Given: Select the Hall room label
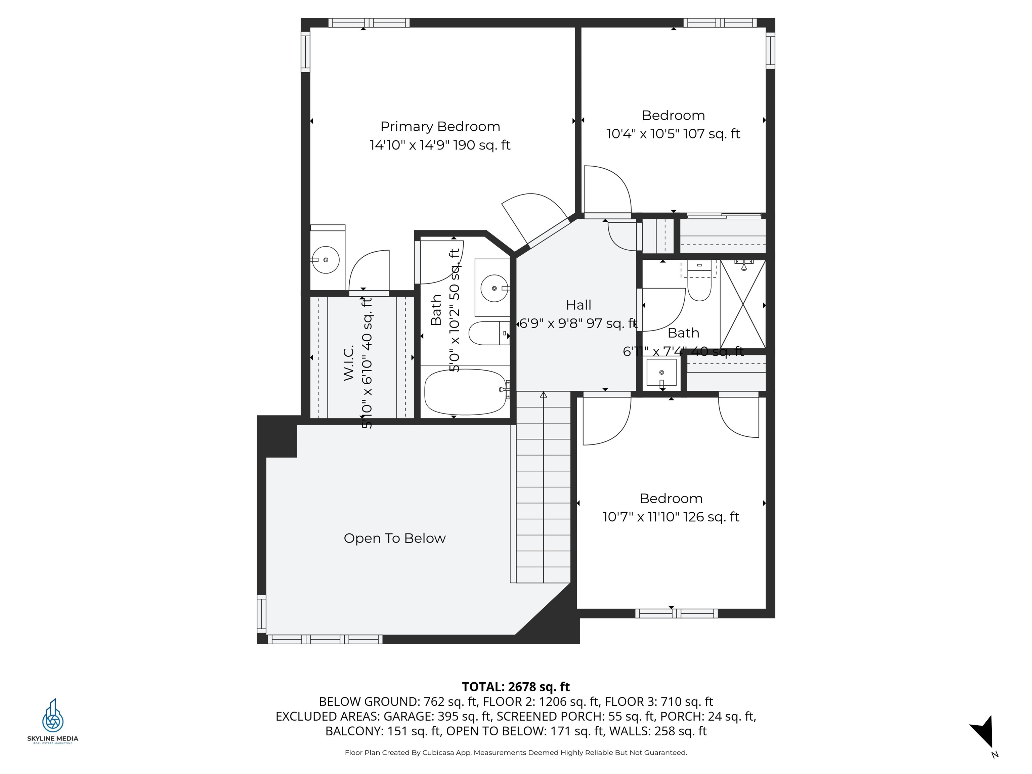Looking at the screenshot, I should pyautogui.click(x=578, y=305).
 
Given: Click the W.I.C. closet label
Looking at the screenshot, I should pyautogui.click(x=349, y=362).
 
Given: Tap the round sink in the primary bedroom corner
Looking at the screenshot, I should pyautogui.click(x=326, y=260).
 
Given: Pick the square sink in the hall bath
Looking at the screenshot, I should pyautogui.click(x=661, y=372).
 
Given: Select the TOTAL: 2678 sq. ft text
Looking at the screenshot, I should pyautogui.click(x=516, y=687).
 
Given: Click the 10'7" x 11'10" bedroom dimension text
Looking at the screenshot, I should pyautogui.click(x=671, y=517).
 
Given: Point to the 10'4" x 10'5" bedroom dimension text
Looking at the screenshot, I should pyautogui.click(x=673, y=134).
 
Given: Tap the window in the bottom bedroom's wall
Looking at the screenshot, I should pyautogui.click(x=676, y=613).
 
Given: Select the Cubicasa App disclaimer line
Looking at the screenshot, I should pyautogui.click(x=516, y=752).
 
